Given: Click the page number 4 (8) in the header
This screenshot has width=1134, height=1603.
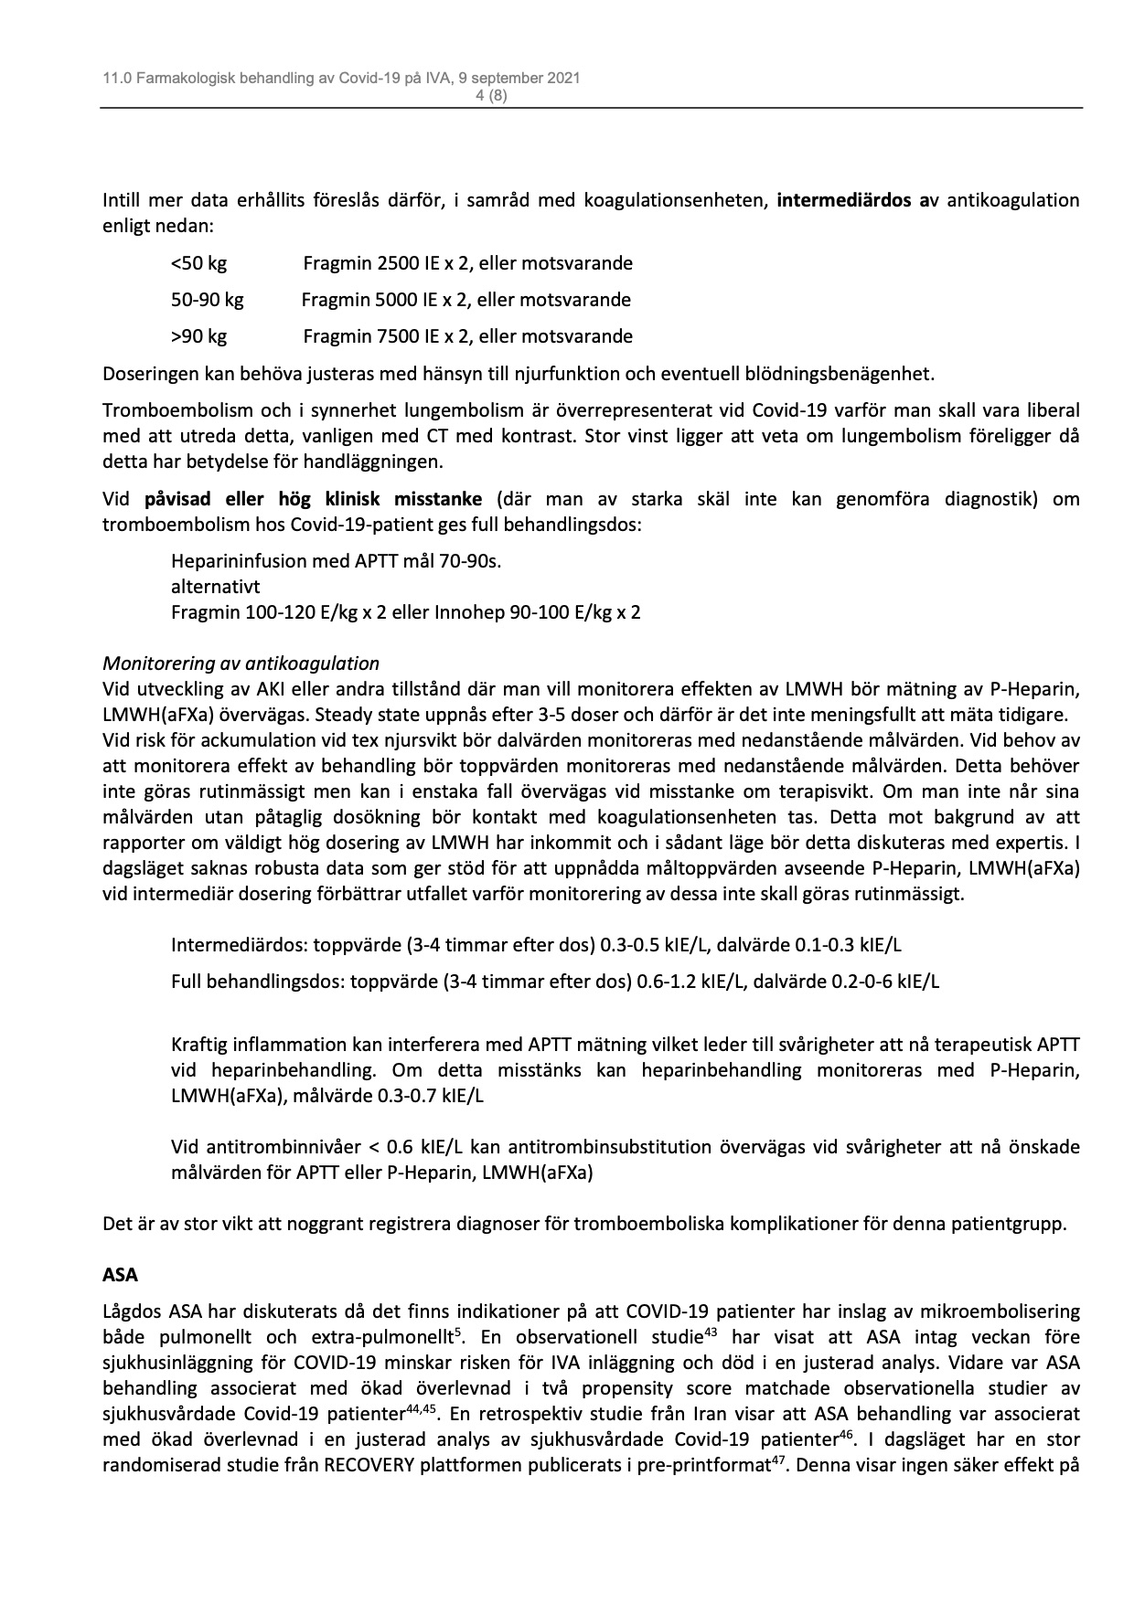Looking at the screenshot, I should coord(492,95).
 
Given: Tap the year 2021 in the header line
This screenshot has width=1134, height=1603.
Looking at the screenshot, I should coord(561,80).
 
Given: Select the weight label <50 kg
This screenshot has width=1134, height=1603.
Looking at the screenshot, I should coord(198,263).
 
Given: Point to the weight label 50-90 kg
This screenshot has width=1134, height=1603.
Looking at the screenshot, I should coord(208,300).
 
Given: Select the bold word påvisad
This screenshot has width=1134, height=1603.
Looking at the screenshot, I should coord(177,499).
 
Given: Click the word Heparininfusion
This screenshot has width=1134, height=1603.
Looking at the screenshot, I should coord(239,561).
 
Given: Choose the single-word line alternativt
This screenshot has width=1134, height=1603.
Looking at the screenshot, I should coord(215,587).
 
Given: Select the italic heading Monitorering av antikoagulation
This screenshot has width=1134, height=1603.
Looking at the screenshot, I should coord(241,663).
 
